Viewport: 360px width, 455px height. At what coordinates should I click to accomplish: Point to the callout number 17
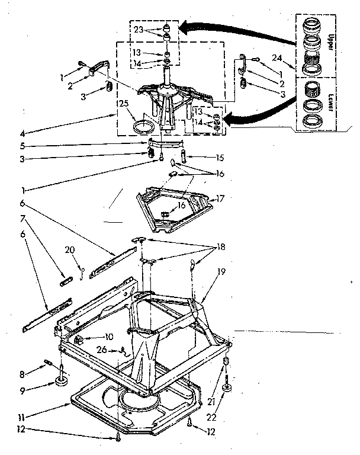(221, 198)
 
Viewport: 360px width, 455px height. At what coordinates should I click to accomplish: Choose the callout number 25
(123, 103)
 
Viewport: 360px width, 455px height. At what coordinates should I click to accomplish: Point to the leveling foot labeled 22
(227, 389)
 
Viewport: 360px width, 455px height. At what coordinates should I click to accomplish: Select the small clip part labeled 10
(79, 339)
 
